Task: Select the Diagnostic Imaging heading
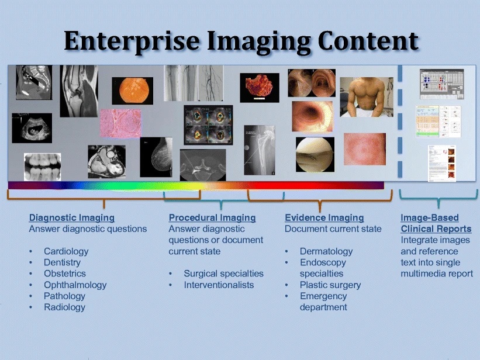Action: click(72, 218)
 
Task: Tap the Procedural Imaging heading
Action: click(212, 218)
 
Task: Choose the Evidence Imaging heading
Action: click(324, 218)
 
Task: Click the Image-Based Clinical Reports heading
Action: click(436, 223)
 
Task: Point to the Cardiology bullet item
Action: click(66, 251)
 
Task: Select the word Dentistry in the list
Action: click(62, 262)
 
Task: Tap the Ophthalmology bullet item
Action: click(75, 285)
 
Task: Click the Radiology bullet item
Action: click(64, 307)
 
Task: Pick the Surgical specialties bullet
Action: click(223, 274)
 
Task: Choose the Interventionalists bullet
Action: click(219, 285)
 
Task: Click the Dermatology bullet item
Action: click(326, 251)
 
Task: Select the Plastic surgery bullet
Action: click(330, 285)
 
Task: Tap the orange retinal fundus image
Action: click(132, 91)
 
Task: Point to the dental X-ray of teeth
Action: click(42, 167)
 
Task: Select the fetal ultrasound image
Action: click(32, 128)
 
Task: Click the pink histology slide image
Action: click(120, 123)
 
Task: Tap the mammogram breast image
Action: click(156, 157)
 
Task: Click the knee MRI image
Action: click(79, 91)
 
